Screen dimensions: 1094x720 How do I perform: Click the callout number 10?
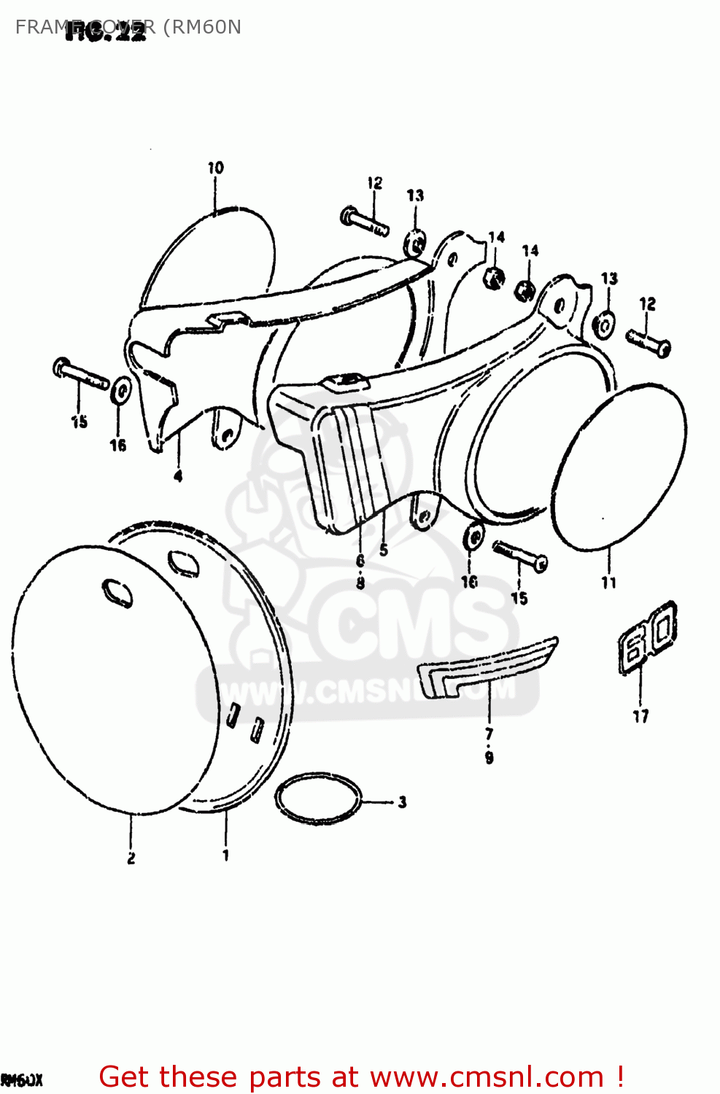(215, 168)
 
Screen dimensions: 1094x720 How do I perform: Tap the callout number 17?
(640, 716)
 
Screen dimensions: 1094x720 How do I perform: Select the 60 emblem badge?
(648, 636)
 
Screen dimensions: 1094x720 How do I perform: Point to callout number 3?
(402, 802)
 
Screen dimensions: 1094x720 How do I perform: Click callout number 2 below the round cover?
(131, 858)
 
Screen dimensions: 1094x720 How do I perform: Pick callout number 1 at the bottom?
(225, 855)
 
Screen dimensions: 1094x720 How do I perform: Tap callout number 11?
(609, 582)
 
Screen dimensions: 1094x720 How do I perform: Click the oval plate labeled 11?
(619, 467)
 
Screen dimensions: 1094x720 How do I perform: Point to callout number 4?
(178, 476)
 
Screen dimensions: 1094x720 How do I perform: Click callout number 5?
(384, 550)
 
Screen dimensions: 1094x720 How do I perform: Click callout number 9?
(489, 758)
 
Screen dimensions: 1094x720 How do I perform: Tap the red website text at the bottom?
(361, 1076)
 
